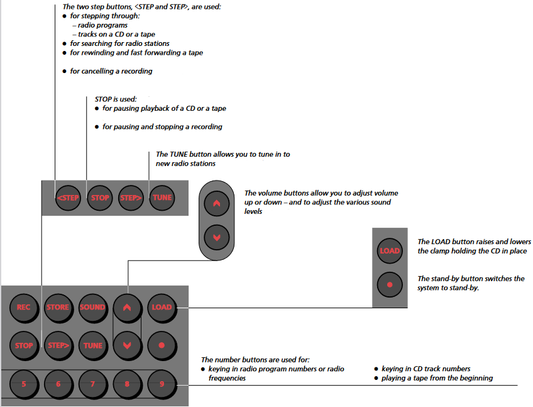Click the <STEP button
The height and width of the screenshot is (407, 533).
pos(69,198)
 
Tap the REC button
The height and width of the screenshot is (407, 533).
pos(23,307)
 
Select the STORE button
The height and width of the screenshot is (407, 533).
pos(58,307)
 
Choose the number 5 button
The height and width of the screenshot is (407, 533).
pos(23,384)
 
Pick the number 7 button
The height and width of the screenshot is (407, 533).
pos(92,384)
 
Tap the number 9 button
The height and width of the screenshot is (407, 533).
pos(162,384)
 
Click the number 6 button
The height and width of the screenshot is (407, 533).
pos(58,384)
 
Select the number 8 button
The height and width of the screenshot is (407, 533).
pos(127,384)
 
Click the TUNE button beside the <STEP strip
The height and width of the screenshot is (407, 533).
pos(162,198)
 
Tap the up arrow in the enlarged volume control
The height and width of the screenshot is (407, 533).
pos(217,203)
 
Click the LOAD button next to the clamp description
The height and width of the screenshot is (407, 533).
pos(390,250)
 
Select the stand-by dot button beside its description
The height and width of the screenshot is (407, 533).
pos(390,284)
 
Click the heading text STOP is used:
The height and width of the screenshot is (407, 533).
pos(115,99)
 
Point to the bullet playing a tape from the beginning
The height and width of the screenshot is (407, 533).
pos(437,378)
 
